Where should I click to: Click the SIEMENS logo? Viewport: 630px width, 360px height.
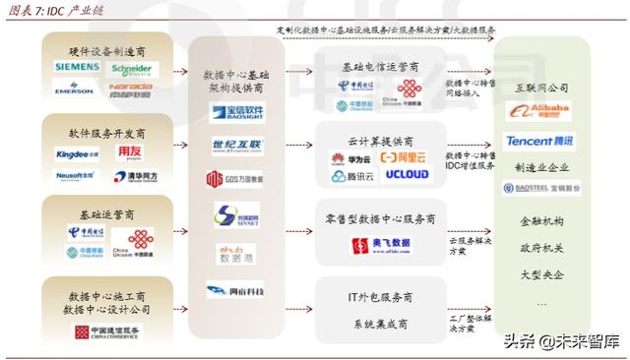click(x=77, y=67)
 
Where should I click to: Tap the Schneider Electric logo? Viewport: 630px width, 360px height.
click(x=133, y=68)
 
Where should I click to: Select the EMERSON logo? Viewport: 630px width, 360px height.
click(x=75, y=88)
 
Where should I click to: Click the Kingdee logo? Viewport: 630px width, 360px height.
click(x=77, y=153)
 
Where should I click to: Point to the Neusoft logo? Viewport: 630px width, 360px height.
click(x=75, y=175)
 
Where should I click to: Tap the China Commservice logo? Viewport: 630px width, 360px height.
click(x=103, y=333)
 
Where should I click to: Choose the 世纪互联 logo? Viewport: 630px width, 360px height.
click(x=236, y=145)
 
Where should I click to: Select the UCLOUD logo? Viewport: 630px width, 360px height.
click(x=405, y=176)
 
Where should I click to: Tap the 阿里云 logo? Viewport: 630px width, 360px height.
click(x=404, y=157)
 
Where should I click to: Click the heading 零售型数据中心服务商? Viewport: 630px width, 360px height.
click(x=380, y=218)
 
